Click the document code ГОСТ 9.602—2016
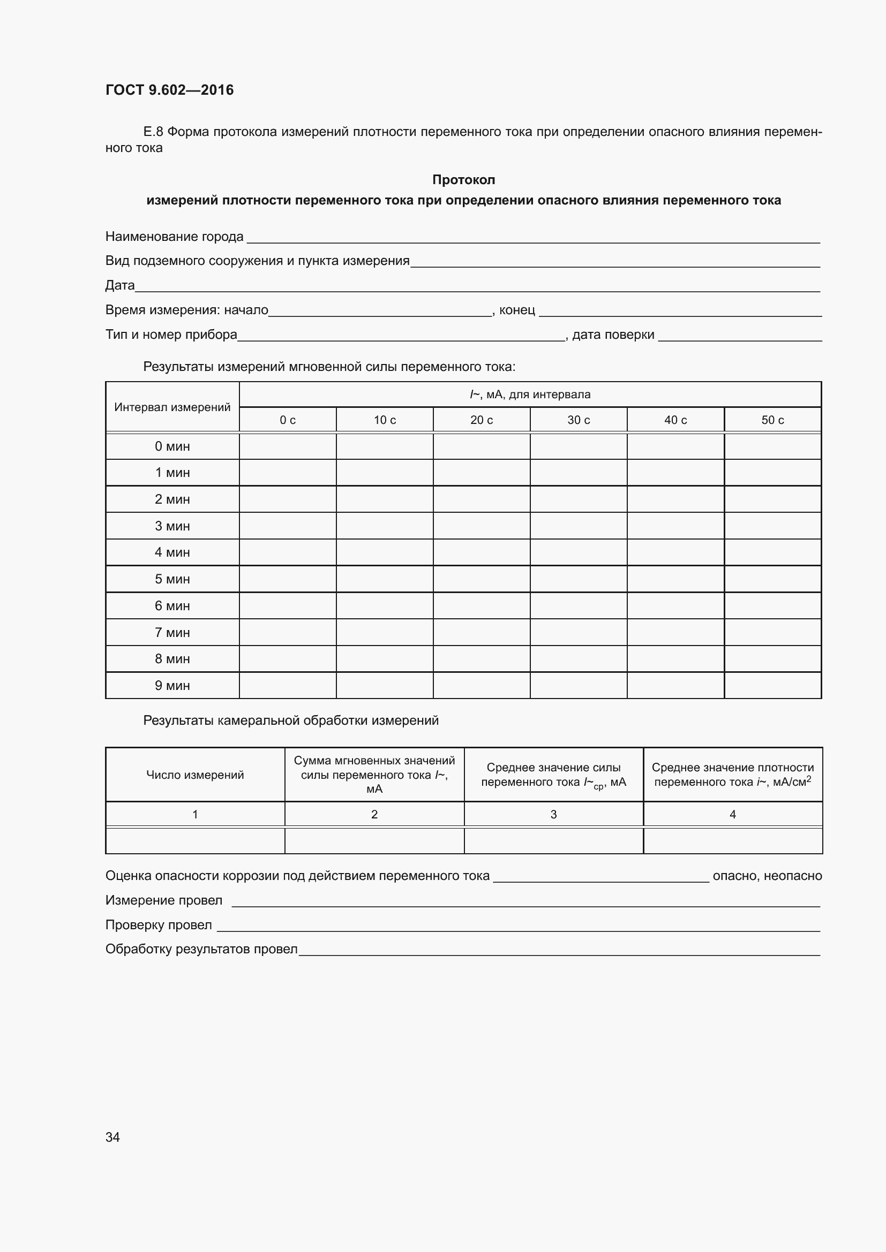[x=169, y=90]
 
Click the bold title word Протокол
[x=463, y=179]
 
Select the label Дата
[x=119, y=285]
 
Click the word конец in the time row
[x=516, y=310]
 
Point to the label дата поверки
[x=613, y=334]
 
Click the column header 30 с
[x=579, y=420]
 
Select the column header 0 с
[x=288, y=420]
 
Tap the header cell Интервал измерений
[x=172, y=407]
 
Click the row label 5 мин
[x=172, y=579]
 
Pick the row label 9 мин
[x=172, y=686]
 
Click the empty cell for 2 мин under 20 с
[x=481, y=499]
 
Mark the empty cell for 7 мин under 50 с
[x=772, y=633]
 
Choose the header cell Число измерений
[x=195, y=775]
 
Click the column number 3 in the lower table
[x=553, y=814]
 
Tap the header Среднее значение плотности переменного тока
[x=732, y=775]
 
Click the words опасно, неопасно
[x=767, y=876]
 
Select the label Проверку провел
[x=158, y=925]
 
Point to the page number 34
[x=112, y=1137]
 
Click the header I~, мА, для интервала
[x=530, y=394]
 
